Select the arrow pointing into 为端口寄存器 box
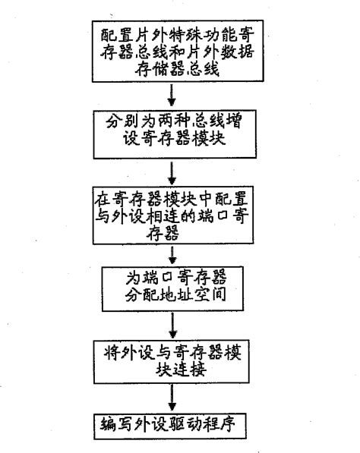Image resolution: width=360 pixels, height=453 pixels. pyautogui.click(x=176, y=254)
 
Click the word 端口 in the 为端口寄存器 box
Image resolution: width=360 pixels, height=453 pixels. pyautogui.click(x=159, y=274)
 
